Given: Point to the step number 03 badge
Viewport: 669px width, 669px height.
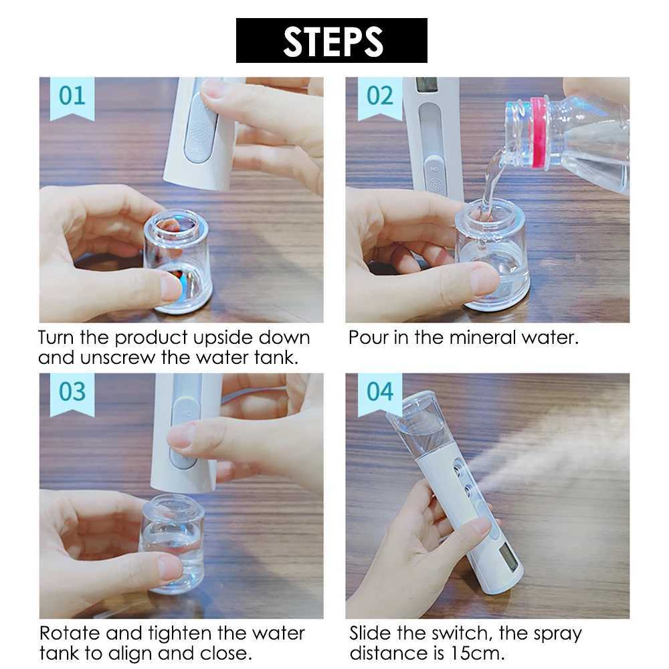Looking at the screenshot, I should pos(72,391).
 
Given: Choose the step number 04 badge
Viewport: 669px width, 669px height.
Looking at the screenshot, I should pos(379,391).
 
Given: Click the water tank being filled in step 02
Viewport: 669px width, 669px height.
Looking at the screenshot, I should pos(491,258).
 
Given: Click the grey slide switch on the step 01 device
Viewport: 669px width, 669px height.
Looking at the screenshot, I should pos(198,127).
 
